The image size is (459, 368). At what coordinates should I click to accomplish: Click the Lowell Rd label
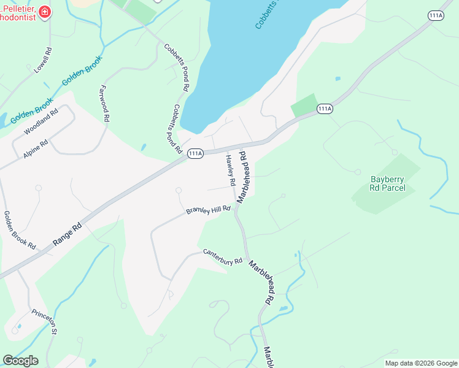[42, 60]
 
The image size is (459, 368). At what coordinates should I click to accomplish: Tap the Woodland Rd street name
[41, 122]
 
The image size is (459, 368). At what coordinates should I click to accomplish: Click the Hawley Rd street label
[230, 169]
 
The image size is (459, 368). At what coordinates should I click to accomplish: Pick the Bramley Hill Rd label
[208, 210]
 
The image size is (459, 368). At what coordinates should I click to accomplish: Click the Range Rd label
[67, 234]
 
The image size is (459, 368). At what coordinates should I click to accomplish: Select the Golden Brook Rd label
[20, 229]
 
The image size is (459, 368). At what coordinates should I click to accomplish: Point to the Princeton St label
[45, 321]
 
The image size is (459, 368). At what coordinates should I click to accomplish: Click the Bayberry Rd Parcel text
[385, 184]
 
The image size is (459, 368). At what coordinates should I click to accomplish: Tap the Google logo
[20, 361]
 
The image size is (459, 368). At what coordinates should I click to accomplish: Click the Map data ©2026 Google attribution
[421, 363]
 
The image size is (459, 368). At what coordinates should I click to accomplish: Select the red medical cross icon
[44, 12]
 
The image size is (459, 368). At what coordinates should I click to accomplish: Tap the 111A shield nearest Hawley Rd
[195, 154]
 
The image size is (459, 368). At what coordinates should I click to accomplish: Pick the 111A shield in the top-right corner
[436, 16]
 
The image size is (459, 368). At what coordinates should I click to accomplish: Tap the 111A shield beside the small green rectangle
[325, 109]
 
